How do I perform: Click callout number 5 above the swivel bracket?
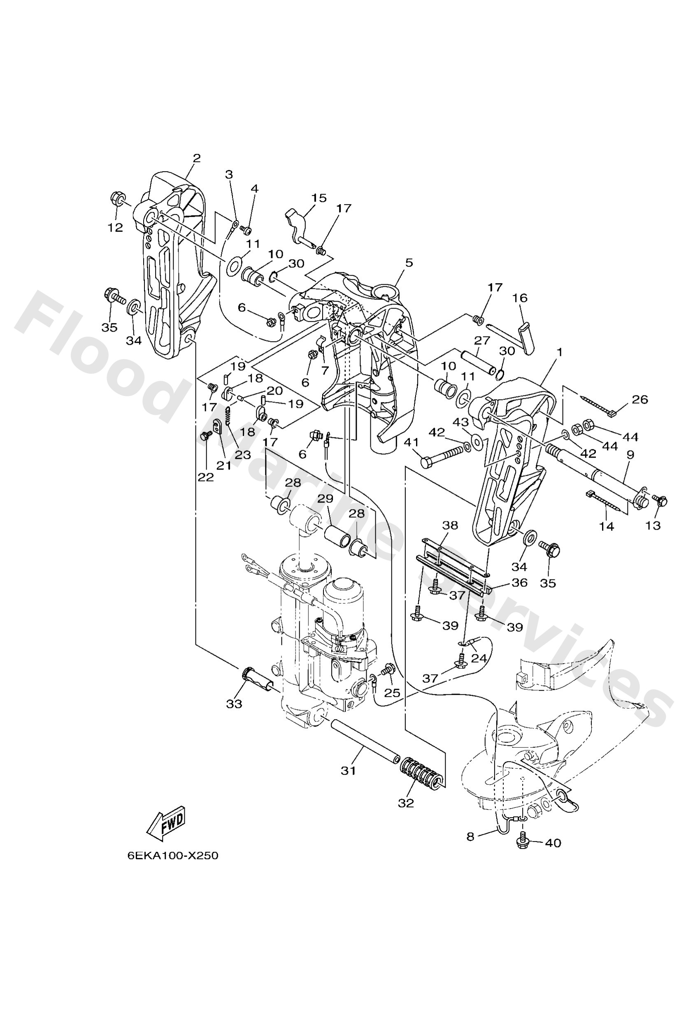pos(409,263)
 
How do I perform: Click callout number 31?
pos(349,770)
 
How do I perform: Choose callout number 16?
pos(520,298)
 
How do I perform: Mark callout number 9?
pos(630,455)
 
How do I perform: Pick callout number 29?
pos(326,499)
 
